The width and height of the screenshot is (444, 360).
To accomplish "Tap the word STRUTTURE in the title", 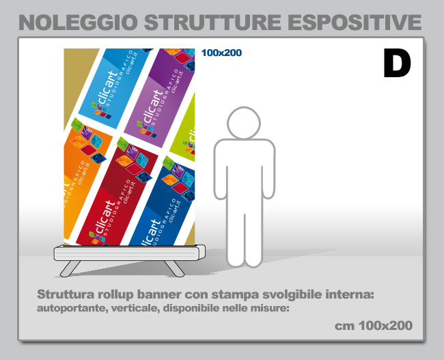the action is [x=212, y=22].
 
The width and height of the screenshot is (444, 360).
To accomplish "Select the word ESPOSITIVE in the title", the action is [x=356, y=22].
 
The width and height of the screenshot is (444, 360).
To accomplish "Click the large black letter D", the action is [x=397, y=63].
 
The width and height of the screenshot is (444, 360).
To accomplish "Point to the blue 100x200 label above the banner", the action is [x=221, y=53].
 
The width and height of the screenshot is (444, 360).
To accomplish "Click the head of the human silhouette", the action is [x=244, y=123].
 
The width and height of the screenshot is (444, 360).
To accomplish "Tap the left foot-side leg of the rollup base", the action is [x=70, y=268].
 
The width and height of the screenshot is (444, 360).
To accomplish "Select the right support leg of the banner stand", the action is [x=174, y=268].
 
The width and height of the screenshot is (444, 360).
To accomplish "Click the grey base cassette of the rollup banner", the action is [x=129, y=253].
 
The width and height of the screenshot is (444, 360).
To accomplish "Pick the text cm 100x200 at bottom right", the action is [x=374, y=326].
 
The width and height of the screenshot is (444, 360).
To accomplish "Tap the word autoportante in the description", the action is [x=72, y=308].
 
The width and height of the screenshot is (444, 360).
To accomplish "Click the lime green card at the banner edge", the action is [x=184, y=130].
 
